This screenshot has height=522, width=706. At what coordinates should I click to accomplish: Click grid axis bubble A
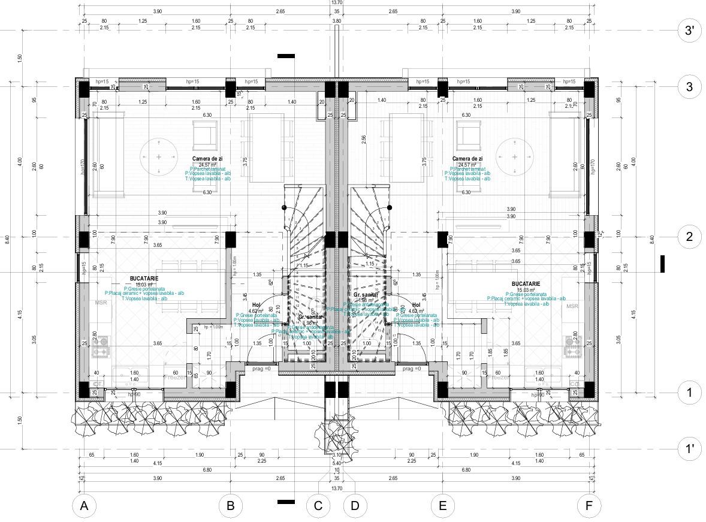pos(85,506)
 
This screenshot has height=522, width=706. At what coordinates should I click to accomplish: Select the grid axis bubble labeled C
pos(318,506)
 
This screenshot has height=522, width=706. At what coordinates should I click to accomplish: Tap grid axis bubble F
pos(589,506)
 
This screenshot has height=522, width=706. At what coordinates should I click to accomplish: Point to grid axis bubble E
pos(442,506)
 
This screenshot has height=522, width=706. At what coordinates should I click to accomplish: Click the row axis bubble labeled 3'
pos(689,31)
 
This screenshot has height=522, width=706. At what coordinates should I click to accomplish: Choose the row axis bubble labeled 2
pos(689,237)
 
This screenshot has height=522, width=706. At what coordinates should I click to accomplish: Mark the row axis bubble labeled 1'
pos(689,448)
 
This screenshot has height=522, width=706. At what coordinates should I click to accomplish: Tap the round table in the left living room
pos(158,156)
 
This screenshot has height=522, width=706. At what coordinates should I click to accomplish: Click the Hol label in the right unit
pos(417,305)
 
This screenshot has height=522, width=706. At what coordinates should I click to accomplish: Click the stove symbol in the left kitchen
pos(99,346)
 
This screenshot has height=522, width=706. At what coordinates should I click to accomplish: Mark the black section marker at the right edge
pos(663,264)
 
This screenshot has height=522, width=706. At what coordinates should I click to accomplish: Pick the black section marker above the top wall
pos(286,56)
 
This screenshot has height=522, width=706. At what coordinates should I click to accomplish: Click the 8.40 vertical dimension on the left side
pos(7,239)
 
